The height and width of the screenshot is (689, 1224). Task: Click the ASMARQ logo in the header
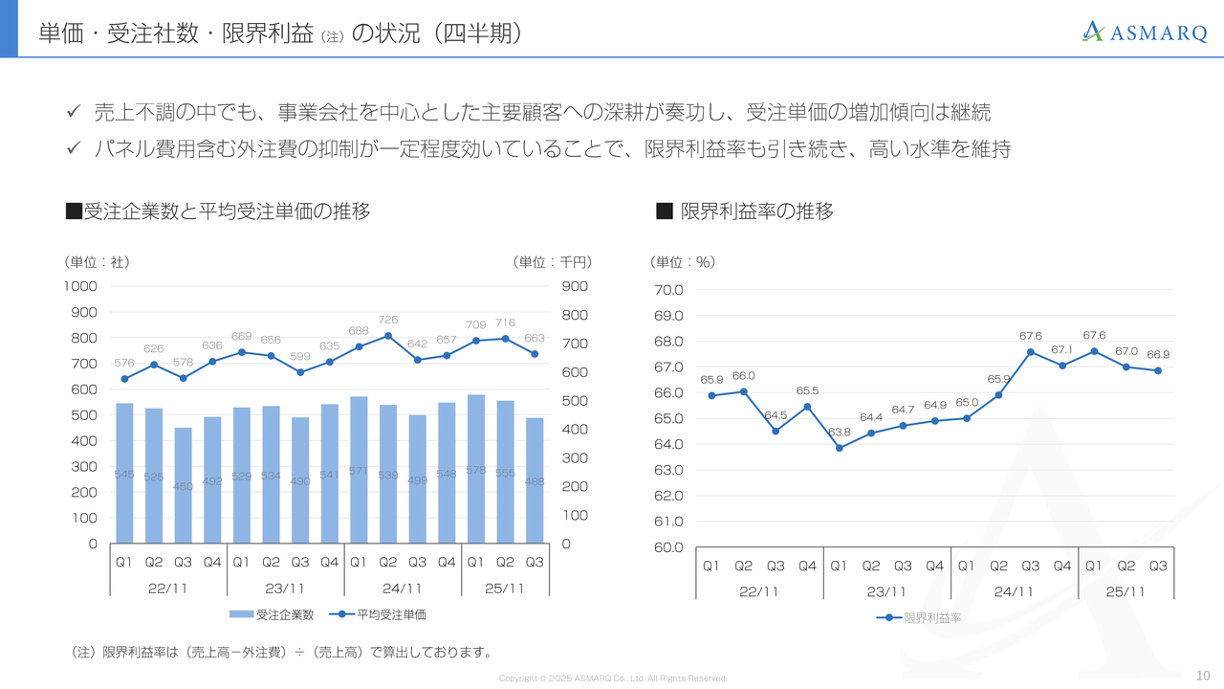coord(1144,32)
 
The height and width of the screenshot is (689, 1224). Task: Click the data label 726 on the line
coord(388,320)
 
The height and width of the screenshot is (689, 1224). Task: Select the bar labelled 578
coord(476,469)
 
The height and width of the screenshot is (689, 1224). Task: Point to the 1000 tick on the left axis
coord(80,286)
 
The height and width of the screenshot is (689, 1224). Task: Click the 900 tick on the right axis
coord(575,286)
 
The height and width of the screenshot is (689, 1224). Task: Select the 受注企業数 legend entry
coord(272,614)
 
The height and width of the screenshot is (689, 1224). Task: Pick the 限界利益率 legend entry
coord(919,618)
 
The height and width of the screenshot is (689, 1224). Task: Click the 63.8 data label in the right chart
coord(840,432)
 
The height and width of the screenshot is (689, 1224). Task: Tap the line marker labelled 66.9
coord(1158,370)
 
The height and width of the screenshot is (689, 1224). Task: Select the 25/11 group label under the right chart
coord(1126,591)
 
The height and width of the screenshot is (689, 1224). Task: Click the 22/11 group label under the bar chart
coord(168,589)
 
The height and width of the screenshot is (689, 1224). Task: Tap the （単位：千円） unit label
coord(553,262)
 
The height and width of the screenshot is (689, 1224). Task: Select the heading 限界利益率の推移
coord(756,211)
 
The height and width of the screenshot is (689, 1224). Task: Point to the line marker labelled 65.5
coord(807,407)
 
